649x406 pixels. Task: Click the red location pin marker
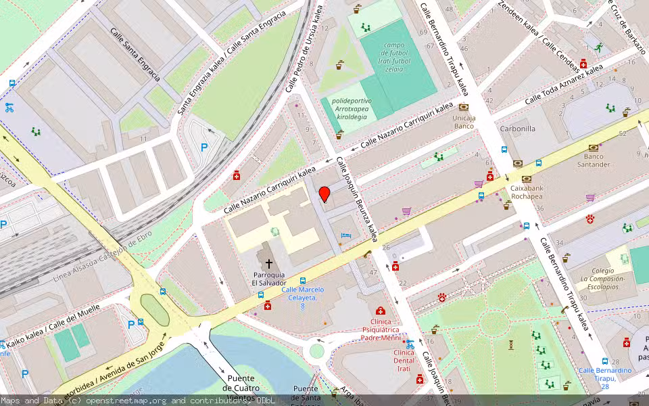(x=324, y=194)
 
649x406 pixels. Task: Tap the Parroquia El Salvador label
(x=268, y=279)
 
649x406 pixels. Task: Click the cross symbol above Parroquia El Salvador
(x=268, y=263)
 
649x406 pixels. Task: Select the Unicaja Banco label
(x=464, y=122)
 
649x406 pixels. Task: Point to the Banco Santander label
(x=593, y=160)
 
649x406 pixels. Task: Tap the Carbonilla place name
(x=517, y=129)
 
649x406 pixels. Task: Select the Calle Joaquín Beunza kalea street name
(x=356, y=199)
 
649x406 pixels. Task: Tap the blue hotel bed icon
(x=347, y=235)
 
